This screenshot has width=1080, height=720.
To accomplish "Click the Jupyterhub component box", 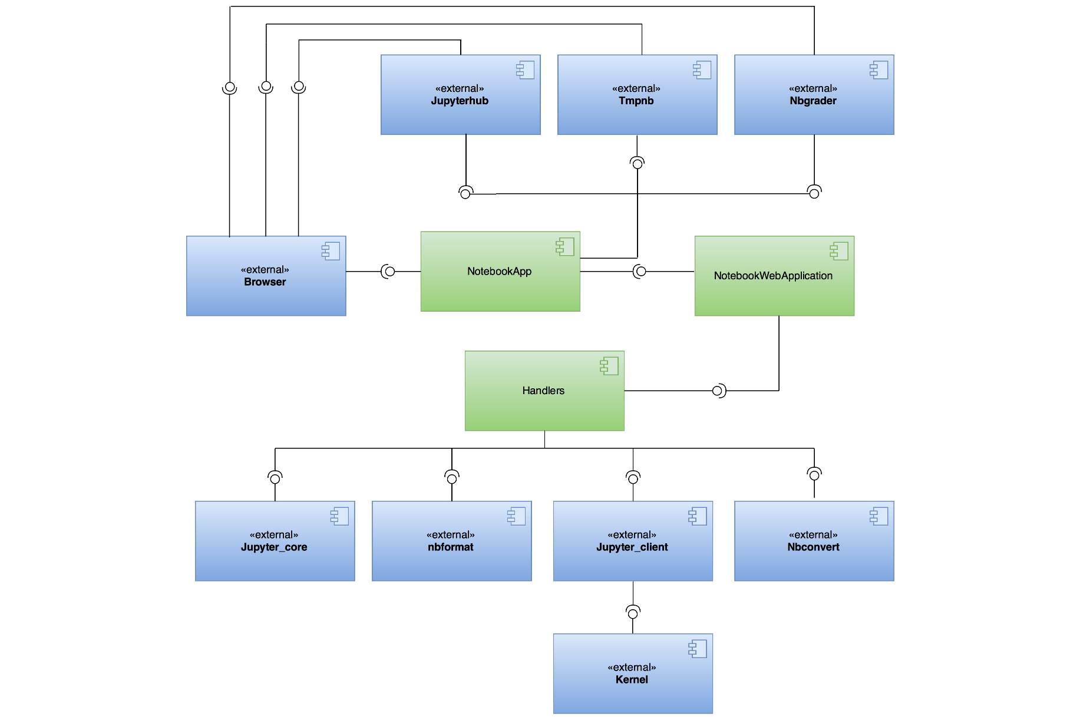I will (460, 95).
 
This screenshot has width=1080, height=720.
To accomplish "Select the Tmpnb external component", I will (637, 95).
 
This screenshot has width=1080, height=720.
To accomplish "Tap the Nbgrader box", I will (814, 95).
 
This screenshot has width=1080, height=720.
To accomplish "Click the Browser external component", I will (266, 276).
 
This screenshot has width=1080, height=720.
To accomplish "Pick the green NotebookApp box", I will (500, 272).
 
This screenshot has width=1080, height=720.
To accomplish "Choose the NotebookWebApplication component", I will (774, 276).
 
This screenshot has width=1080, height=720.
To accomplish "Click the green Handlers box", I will (544, 391).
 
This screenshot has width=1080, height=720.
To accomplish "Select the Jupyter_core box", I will (275, 541).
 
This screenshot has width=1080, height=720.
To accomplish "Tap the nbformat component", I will (451, 541).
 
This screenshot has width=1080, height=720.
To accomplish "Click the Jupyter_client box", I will (633, 541).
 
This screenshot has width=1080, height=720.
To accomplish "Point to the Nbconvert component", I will (814, 541).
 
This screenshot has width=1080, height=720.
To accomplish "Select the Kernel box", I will (633, 673).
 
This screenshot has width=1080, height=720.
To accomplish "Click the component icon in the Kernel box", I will (698, 649).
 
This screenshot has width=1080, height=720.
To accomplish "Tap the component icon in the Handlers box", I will (609, 366).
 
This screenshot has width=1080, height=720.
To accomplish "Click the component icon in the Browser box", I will (331, 251).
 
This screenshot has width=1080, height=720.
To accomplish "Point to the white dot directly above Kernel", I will (633, 614).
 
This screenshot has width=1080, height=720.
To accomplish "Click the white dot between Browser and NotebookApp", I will (390, 272).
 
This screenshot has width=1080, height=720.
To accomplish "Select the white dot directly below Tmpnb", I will (638, 164).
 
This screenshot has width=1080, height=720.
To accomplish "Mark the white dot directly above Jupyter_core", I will (275, 479).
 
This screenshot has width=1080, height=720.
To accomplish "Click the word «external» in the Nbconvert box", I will (813, 535).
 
